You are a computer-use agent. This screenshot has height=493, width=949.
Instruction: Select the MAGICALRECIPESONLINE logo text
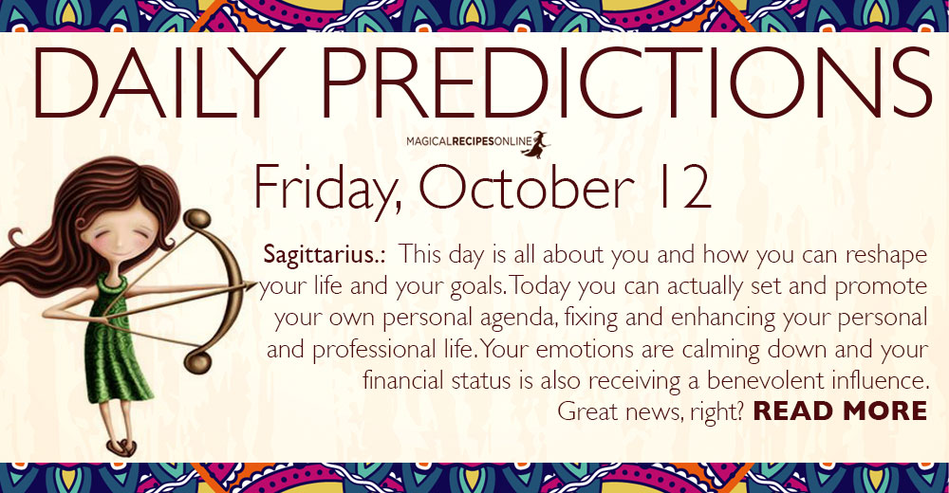469,142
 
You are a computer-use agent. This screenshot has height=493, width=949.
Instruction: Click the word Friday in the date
327,188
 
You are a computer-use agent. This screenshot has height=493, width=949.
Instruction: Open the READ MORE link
840,411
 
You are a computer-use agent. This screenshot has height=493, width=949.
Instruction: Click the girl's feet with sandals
122,447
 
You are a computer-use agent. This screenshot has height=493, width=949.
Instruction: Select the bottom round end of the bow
197,362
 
